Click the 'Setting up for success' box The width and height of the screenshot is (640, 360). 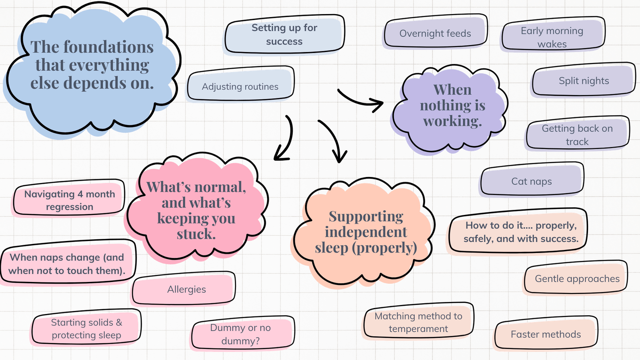(284, 35)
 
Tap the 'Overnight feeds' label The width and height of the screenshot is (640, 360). (435, 33)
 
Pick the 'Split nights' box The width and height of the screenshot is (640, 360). (584, 80)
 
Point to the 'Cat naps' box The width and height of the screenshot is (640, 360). (532, 181)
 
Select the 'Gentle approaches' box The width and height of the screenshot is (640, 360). (577, 279)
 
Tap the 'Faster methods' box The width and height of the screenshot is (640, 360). (546, 334)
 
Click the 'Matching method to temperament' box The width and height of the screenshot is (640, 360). (418, 322)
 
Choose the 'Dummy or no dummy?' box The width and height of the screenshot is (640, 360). (241, 334)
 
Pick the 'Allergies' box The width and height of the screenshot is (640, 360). (186, 289)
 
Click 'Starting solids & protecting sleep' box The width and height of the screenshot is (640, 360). (86, 328)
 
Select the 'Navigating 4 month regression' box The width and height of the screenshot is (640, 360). (69, 200)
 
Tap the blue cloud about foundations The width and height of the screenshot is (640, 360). (92, 66)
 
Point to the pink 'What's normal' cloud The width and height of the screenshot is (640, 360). (196, 209)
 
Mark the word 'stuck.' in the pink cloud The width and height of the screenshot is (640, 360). (196, 234)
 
